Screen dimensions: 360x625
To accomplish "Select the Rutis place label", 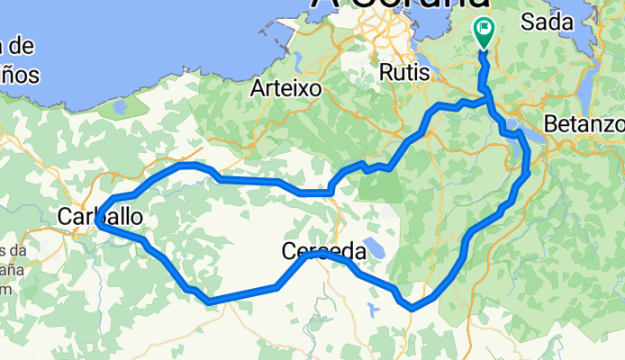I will pos(402,70).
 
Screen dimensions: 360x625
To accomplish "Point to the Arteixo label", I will pos(280,88).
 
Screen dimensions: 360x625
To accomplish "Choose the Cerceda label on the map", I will pos(322,251).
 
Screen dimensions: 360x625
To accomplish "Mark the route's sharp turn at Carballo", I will pos(95,225).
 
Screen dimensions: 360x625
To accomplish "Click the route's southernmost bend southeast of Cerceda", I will pos(412,308).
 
